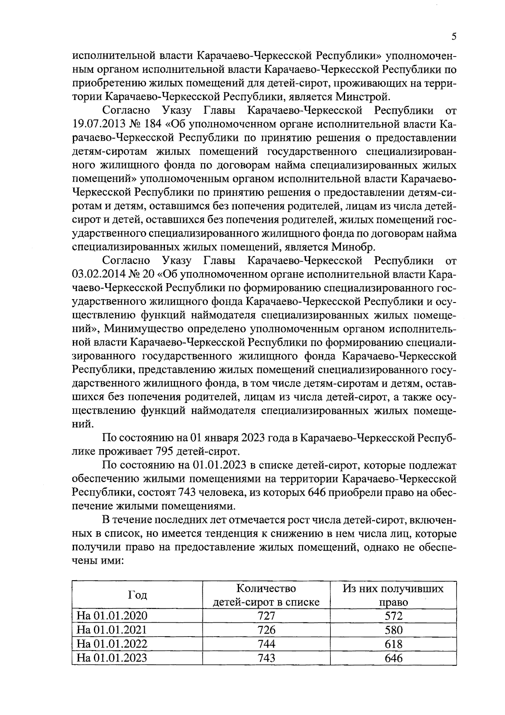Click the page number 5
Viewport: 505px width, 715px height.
(454, 37)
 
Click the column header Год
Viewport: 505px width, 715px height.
(137, 595)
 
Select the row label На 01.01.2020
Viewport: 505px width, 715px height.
(112, 616)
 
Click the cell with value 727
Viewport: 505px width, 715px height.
(266, 616)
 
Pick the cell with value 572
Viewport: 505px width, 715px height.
(393, 616)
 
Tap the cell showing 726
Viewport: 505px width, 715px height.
(266, 630)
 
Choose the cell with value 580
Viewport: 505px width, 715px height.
(393, 630)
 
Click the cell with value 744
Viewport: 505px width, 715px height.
(266, 644)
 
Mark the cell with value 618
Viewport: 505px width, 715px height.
(393, 644)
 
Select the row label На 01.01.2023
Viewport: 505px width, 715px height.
(112, 658)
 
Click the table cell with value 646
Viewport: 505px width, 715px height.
(393, 658)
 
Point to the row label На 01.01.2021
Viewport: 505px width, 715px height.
(112, 630)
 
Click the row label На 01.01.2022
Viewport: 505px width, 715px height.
(112, 644)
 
